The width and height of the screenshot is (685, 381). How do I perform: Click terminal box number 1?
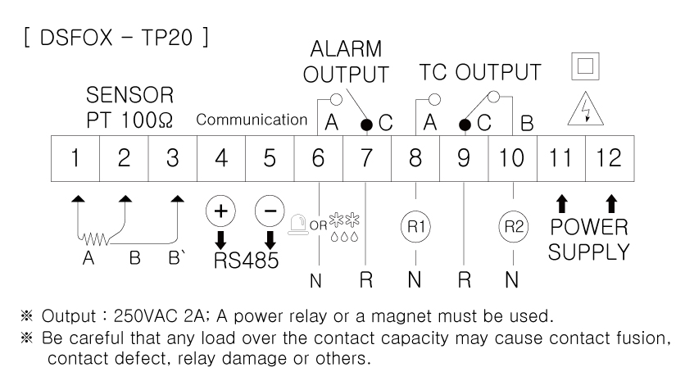point(75,158)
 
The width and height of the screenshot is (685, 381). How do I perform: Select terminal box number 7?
point(367,158)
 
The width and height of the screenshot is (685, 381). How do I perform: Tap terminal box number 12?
point(610,158)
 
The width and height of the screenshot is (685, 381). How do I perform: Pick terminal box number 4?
point(221,158)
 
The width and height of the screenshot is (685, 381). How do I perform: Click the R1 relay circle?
point(416,226)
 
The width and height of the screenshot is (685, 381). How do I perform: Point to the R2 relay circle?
point(513,226)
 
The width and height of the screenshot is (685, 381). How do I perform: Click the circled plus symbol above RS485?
point(220,211)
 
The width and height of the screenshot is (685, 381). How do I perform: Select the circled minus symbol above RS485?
point(270,211)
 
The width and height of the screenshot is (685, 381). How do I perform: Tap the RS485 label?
point(246,261)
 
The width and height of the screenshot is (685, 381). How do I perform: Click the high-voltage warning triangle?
point(586,109)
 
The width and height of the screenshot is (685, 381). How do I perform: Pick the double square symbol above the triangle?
point(585,66)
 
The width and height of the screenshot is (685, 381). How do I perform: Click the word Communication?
point(252,120)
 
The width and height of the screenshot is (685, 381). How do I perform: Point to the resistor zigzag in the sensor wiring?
point(93,239)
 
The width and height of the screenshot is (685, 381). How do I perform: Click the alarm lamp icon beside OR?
point(297,225)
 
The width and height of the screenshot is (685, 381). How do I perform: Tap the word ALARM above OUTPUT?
point(346,49)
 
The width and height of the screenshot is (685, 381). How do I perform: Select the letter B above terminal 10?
point(528,124)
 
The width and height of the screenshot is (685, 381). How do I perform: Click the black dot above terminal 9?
point(465,125)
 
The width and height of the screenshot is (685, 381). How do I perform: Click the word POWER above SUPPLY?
point(589,227)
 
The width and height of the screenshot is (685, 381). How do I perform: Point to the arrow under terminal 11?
point(562,204)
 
